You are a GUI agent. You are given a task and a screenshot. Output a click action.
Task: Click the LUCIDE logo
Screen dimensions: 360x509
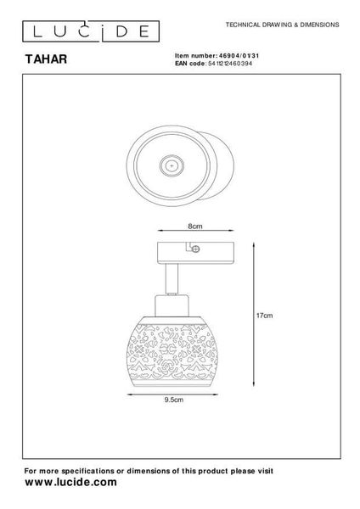point(91,31)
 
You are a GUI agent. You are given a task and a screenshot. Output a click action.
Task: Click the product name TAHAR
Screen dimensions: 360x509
point(46,59)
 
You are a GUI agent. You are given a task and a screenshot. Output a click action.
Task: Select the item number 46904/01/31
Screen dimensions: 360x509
point(239,56)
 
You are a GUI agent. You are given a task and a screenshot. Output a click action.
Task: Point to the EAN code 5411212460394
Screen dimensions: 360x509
point(230,64)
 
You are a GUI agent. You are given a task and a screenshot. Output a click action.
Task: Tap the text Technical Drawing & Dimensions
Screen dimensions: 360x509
point(283,25)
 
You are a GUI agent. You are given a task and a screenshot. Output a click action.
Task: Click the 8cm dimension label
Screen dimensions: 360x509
point(195,226)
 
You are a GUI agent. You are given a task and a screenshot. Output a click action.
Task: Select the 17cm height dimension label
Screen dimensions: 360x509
point(264,316)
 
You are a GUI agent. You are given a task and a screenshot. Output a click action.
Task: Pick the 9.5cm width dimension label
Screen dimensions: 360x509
point(173,400)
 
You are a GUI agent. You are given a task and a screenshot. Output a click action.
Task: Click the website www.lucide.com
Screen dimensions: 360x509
point(70,482)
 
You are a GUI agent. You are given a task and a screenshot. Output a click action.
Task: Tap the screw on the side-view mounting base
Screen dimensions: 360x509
point(195,249)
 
